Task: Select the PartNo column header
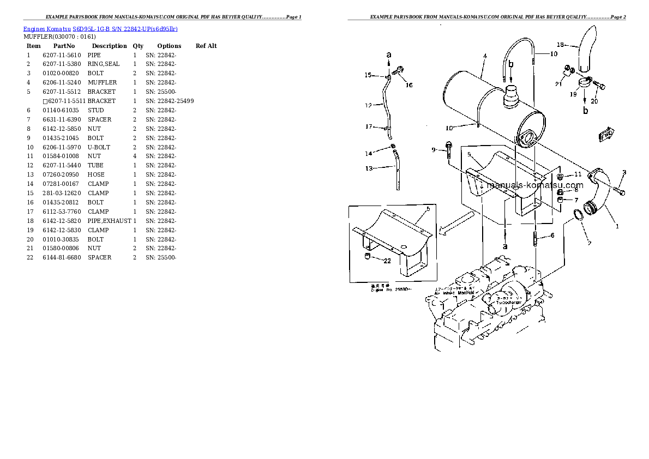tap(64, 46)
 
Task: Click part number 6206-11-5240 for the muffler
tap(61, 83)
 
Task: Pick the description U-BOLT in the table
tap(99, 147)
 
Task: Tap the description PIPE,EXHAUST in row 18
tap(109, 221)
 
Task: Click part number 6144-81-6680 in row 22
tap(61, 258)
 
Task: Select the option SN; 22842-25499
tap(169, 101)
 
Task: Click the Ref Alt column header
tap(206, 46)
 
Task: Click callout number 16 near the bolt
tap(409, 85)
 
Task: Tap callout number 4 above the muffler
tap(485, 56)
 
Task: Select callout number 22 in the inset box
tap(387, 261)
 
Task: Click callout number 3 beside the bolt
tap(624, 173)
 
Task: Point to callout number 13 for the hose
tap(369, 168)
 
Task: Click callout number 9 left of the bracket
tap(434, 150)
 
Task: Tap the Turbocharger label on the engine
tap(509, 302)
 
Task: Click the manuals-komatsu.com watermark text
tap(534, 186)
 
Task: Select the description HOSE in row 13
tap(95, 175)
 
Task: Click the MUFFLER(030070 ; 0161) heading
tap(59, 37)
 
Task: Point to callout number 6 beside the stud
tap(552, 235)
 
